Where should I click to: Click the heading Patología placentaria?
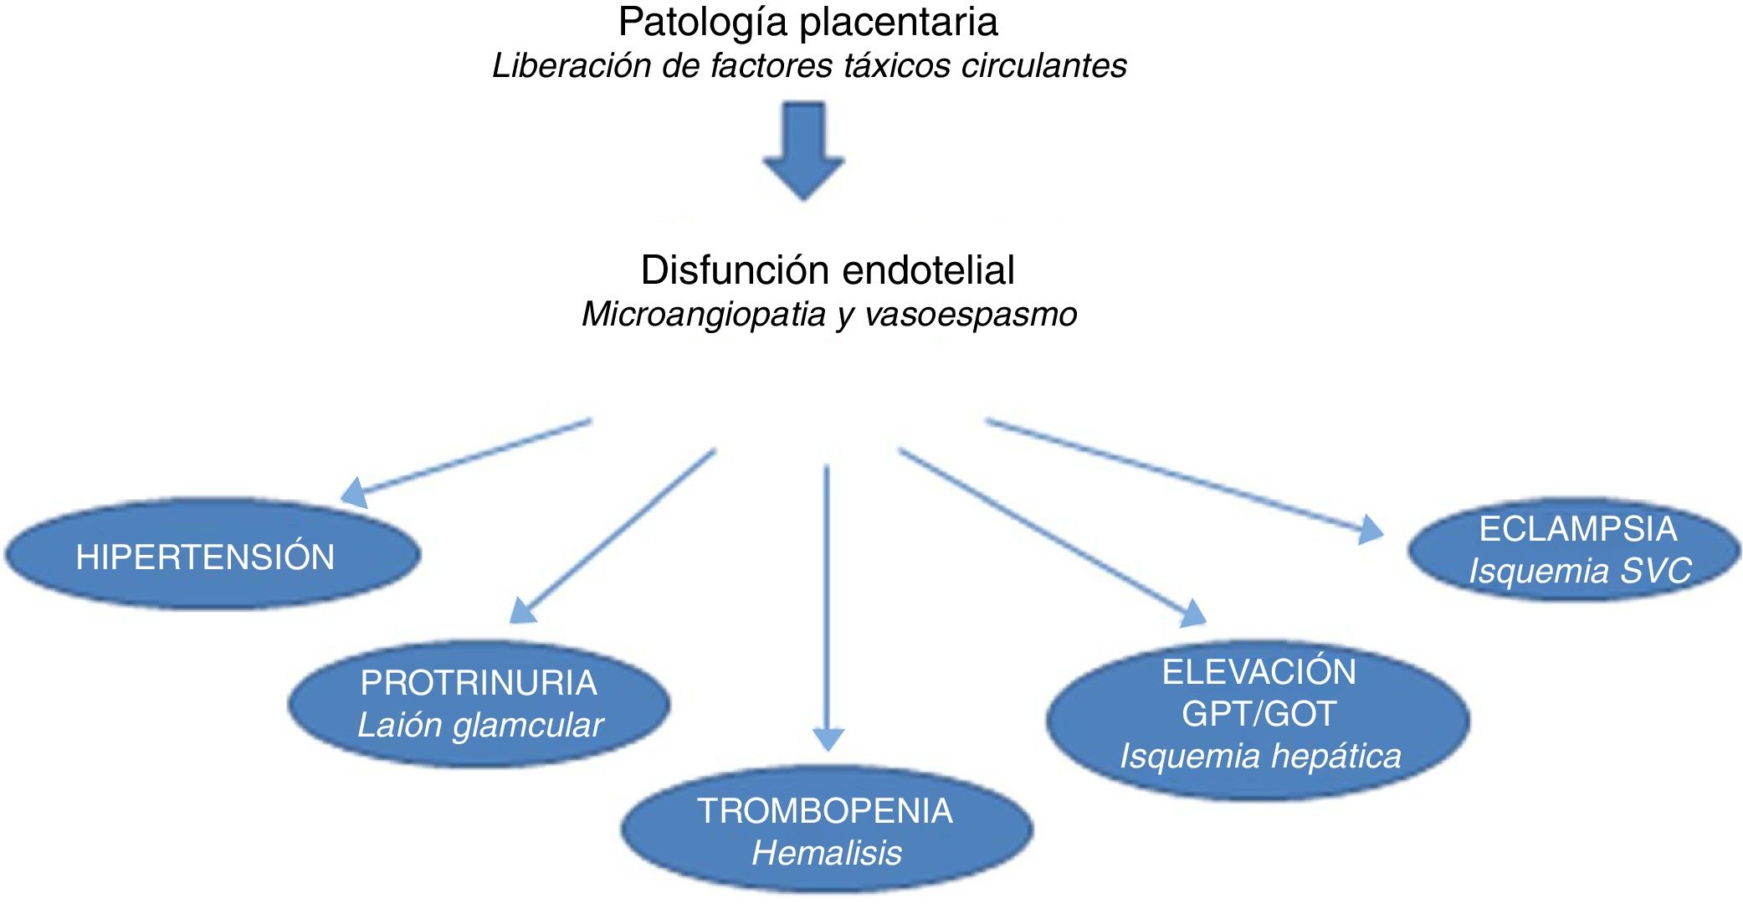(807, 23)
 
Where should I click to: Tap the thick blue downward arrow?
(804, 151)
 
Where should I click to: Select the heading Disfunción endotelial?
(828, 270)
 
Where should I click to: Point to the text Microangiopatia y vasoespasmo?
(828, 315)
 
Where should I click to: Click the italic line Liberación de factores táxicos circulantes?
(809, 66)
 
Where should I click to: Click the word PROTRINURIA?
(479, 683)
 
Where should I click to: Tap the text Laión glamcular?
(479, 726)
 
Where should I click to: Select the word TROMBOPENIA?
(825, 811)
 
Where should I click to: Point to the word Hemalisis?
(827, 854)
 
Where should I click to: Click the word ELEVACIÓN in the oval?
(1259, 672)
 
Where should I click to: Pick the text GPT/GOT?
(1259, 714)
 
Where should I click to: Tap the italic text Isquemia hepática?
(1260, 757)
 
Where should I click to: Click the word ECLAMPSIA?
(1578, 529)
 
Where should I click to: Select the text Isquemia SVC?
(1580, 572)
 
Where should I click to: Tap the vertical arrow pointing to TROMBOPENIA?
(827, 603)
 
